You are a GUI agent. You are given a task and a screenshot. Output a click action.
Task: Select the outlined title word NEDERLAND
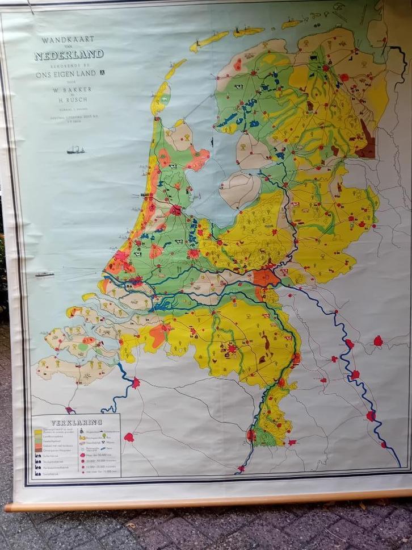69,55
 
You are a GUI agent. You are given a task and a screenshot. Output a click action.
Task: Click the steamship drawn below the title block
75,150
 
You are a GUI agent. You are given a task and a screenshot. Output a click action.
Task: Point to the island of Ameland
249,32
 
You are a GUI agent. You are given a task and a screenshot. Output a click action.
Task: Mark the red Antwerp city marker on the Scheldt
136,383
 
